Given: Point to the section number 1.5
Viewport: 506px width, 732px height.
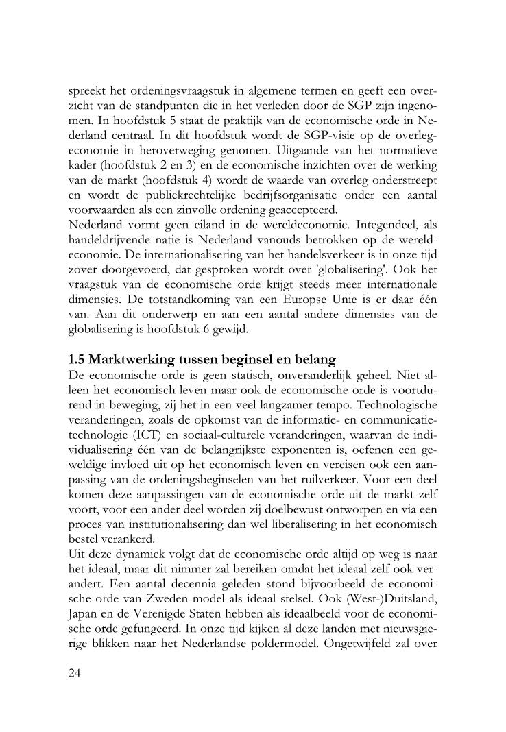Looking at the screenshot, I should [x=77, y=359].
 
